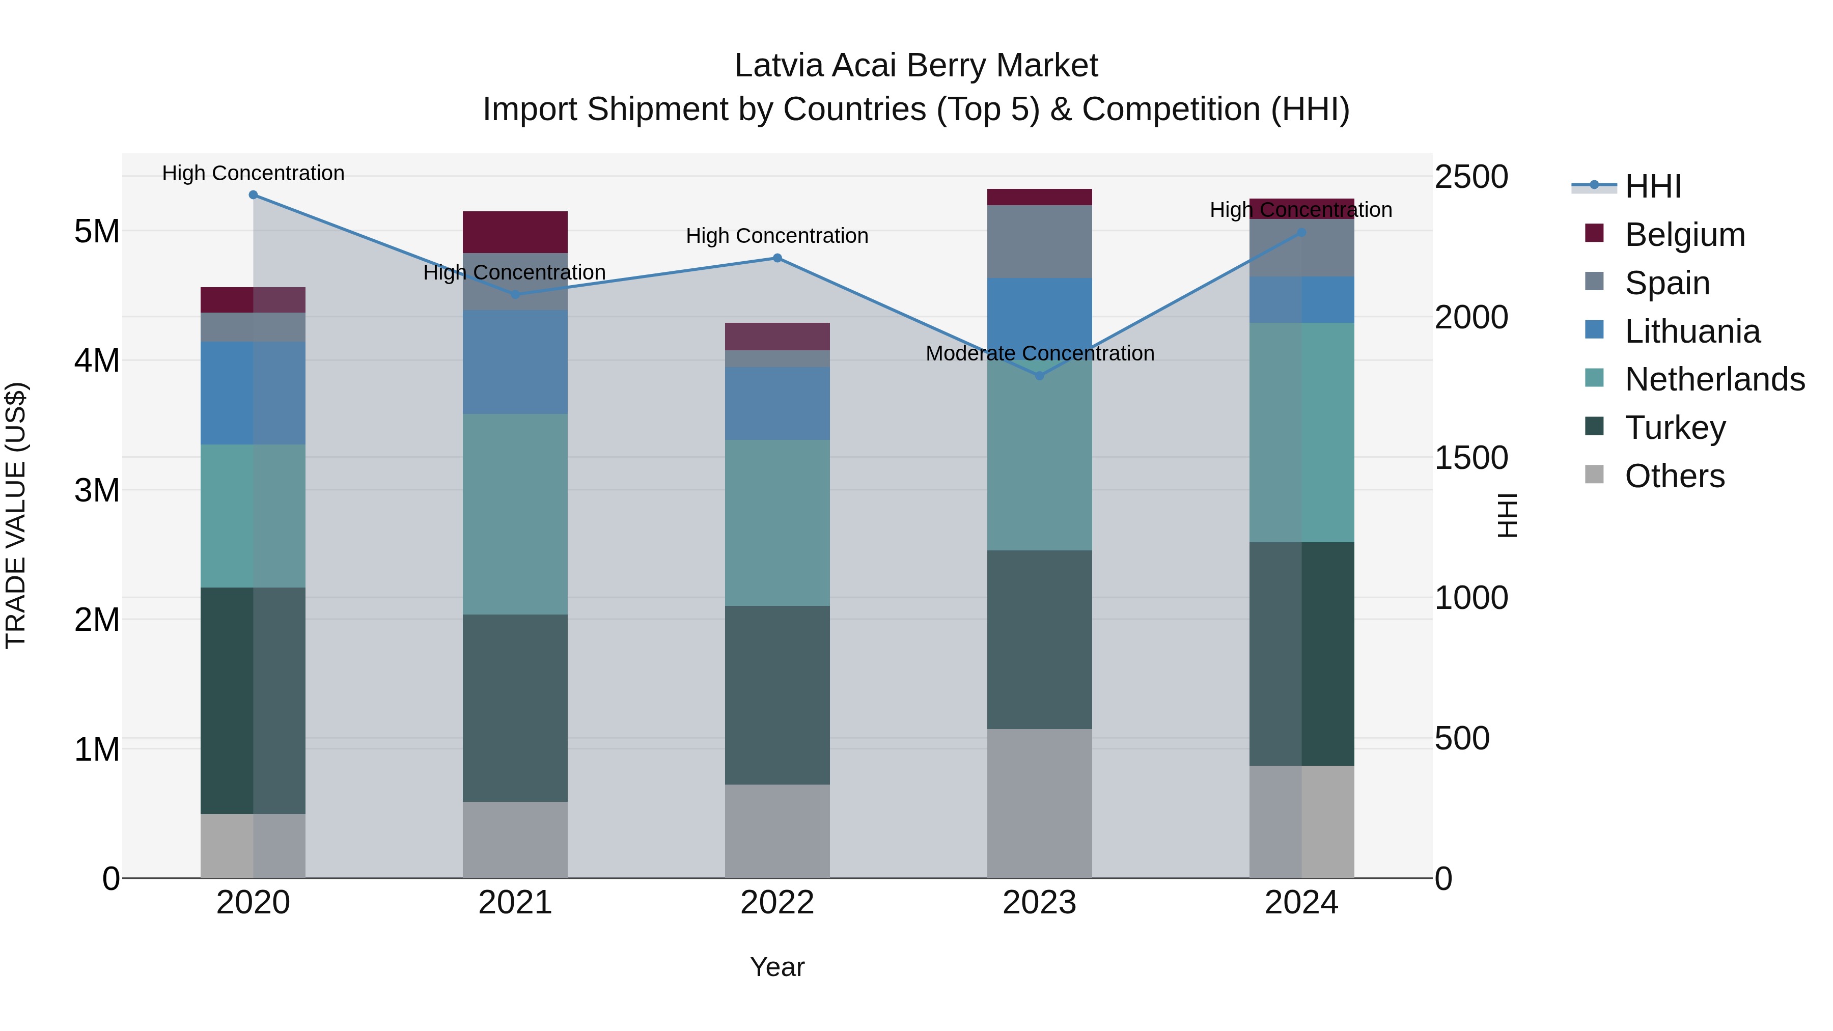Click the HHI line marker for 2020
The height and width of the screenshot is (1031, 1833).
(x=254, y=195)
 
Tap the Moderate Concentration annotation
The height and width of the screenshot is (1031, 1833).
(x=1040, y=354)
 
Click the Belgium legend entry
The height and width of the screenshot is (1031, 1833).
(x=1684, y=235)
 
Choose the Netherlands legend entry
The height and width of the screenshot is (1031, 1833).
(x=1714, y=379)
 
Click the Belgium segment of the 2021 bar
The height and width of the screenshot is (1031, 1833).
(x=515, y=232)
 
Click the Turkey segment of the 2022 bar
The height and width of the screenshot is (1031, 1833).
(x=777, y=695)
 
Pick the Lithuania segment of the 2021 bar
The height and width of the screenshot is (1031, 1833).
(x=515, y=362)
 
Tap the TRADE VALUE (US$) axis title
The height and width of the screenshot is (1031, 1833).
(x=16, y=515)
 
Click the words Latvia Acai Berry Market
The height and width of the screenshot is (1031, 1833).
(x=916, y=66)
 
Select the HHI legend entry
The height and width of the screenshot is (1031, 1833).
(x=1652, y=186)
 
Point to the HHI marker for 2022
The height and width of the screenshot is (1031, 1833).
(x=777, y=258)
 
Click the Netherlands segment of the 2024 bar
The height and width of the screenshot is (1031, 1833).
(x=1301, y=433)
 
